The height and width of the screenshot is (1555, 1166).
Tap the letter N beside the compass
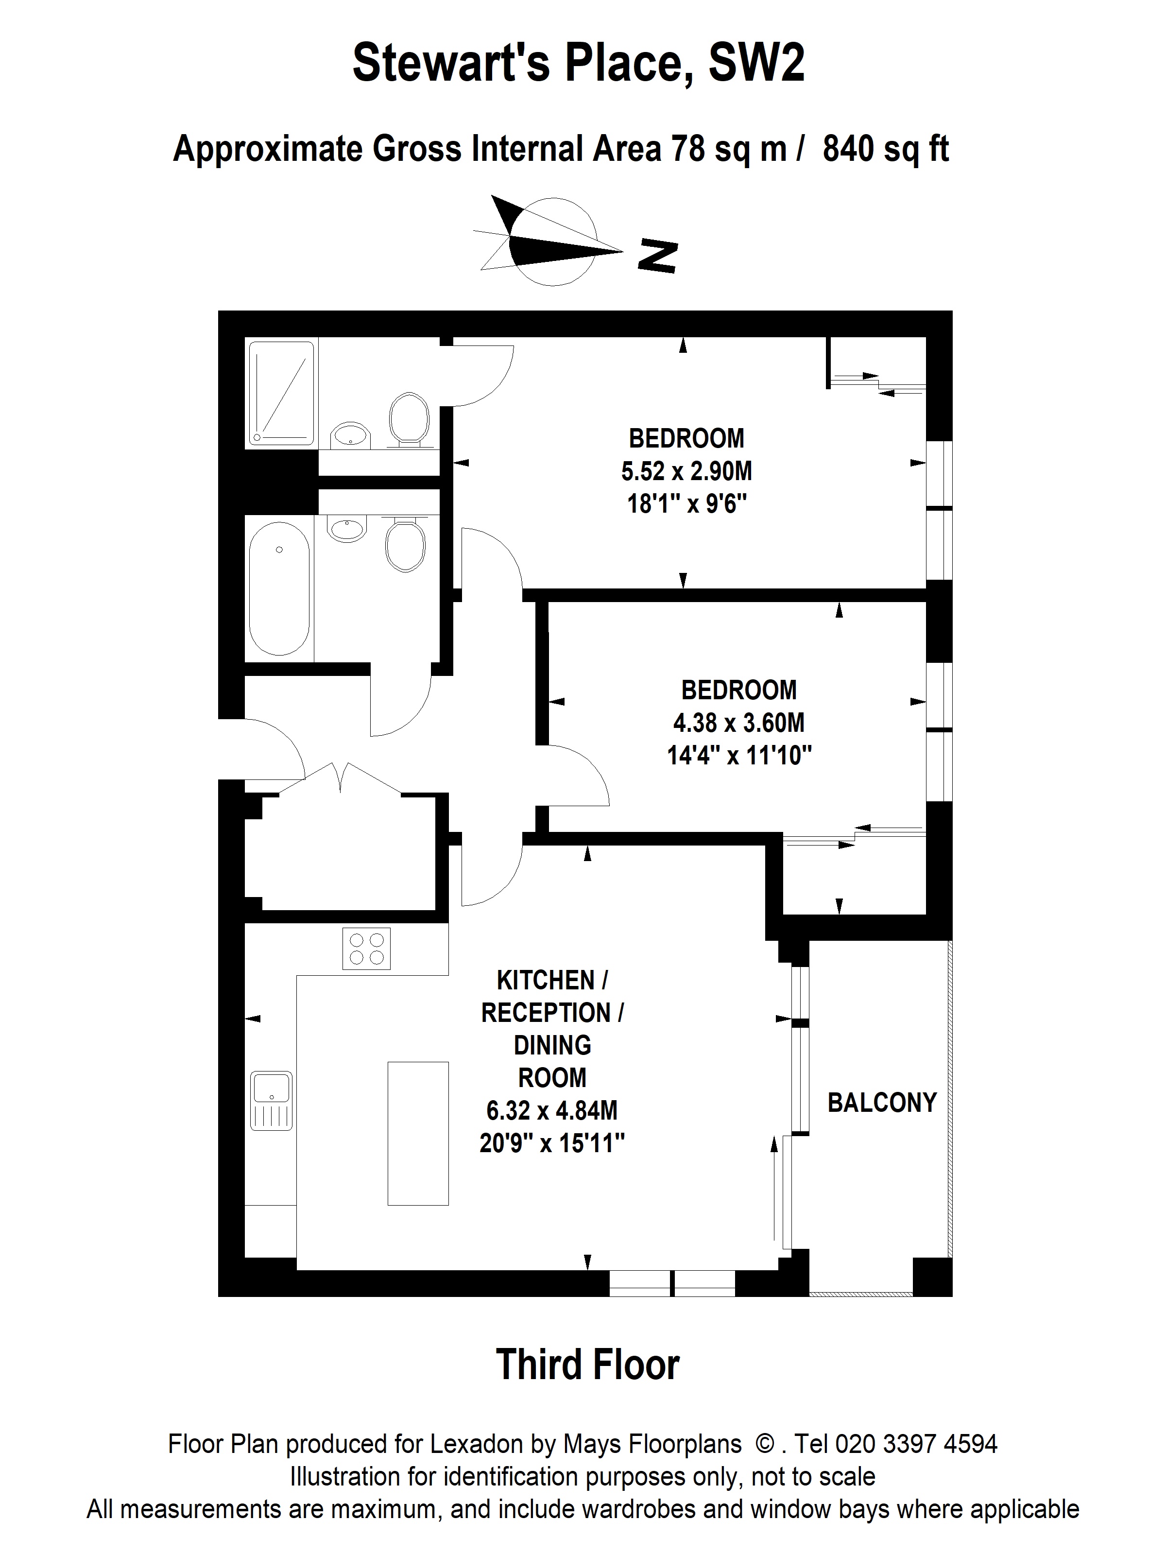[x=657, y=256]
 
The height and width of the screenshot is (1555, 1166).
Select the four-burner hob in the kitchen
[x=366, y=949]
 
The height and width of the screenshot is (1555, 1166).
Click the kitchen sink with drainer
[x=272, y=1100]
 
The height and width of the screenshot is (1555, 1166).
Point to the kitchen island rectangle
[x=418, y=1133]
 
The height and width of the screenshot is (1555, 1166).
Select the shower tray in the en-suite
[x=280, y=394]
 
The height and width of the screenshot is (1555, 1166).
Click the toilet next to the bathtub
[x=406, y=544]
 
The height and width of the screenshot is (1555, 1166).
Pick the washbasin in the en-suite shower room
[x=350, y=434]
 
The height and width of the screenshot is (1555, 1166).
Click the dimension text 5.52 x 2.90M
[x=686, y=471]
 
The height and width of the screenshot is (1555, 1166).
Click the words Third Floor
[x=587, y=1364]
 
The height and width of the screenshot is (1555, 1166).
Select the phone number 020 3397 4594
[x=916, y=1443]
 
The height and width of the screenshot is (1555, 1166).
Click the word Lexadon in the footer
[x=477, y=1443]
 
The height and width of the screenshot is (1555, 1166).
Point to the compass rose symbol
[x=548, y=241]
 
